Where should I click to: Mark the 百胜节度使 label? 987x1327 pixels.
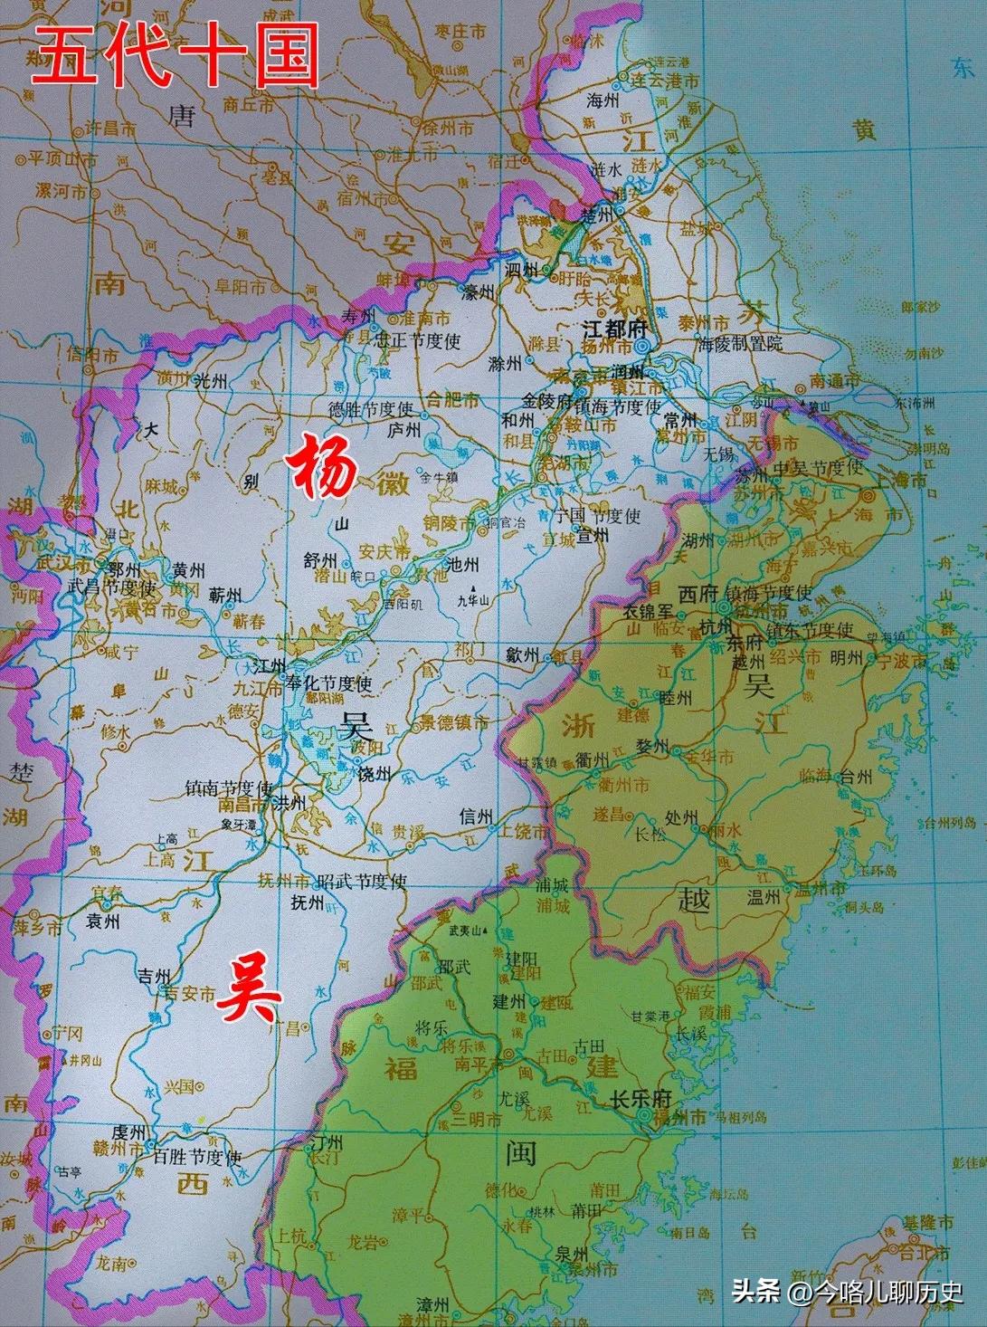click(x=197, y=1158)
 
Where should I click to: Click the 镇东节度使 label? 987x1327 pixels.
click(x=810, y=628)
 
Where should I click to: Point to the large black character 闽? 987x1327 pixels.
click(x=522, y=1153)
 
